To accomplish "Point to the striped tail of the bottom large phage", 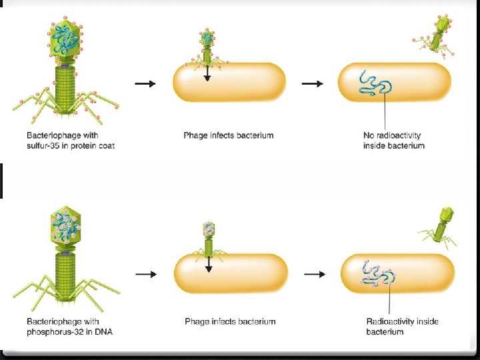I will point(66,274).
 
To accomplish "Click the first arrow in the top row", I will point(145,84).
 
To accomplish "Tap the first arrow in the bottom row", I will point(145,273).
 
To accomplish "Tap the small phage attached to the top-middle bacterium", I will point(207,47).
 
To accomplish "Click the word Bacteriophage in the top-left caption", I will point(47,135).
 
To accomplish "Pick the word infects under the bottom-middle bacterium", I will point(228,321).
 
